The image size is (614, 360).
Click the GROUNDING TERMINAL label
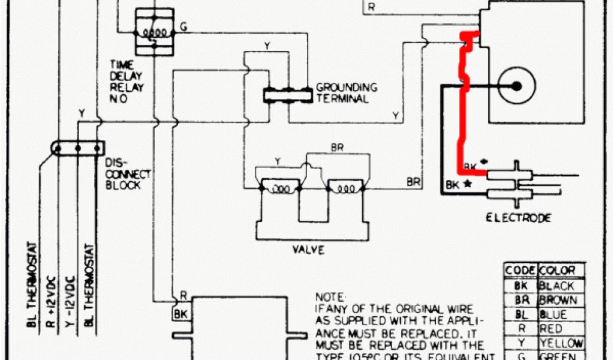pyautogui.click(x=346, y=93)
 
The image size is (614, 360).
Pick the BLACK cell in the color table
pyautogui.click(x=556, y=286)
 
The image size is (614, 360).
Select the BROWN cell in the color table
pyautogui.click(x=558, y=300)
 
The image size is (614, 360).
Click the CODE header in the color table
pyautogui.click(x=519, y=271)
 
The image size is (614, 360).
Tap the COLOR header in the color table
pyautogui.click(x=558, y=271)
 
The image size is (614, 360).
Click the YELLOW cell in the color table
pyautogui.click(x=560, y=343)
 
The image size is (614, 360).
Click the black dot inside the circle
pyautogui.click(x=516, y=86)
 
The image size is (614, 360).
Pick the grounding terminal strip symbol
pyautogui.click(x=288, y=94)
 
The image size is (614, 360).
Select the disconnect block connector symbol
pyautogui.click(x=78, y=148)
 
